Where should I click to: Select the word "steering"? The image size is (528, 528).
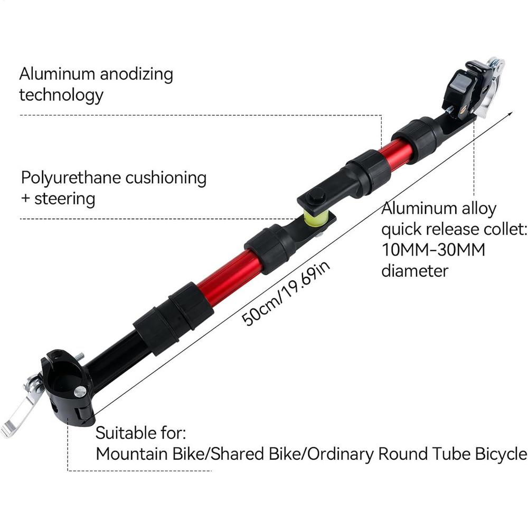64,199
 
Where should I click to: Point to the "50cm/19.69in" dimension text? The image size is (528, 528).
286,294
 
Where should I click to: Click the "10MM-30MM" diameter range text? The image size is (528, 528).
433,250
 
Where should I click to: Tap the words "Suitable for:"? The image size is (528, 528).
141,433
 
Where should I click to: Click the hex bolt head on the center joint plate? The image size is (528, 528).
316,196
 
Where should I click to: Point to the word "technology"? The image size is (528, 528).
61,95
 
